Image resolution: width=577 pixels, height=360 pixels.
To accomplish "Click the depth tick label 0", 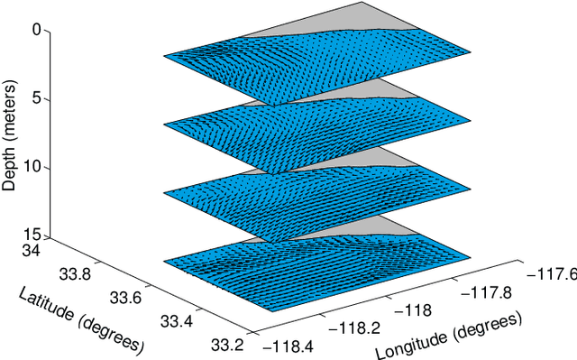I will pyautogui.click(x=36, y=30).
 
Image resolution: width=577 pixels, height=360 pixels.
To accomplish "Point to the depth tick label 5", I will pyautogui.click(x=36, y=99).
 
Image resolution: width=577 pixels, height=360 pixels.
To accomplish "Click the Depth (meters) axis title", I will pyautogui.click(x=10, y=135).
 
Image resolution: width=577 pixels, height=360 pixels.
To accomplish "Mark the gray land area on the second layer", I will pyautogui.click(x=361, y=91).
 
